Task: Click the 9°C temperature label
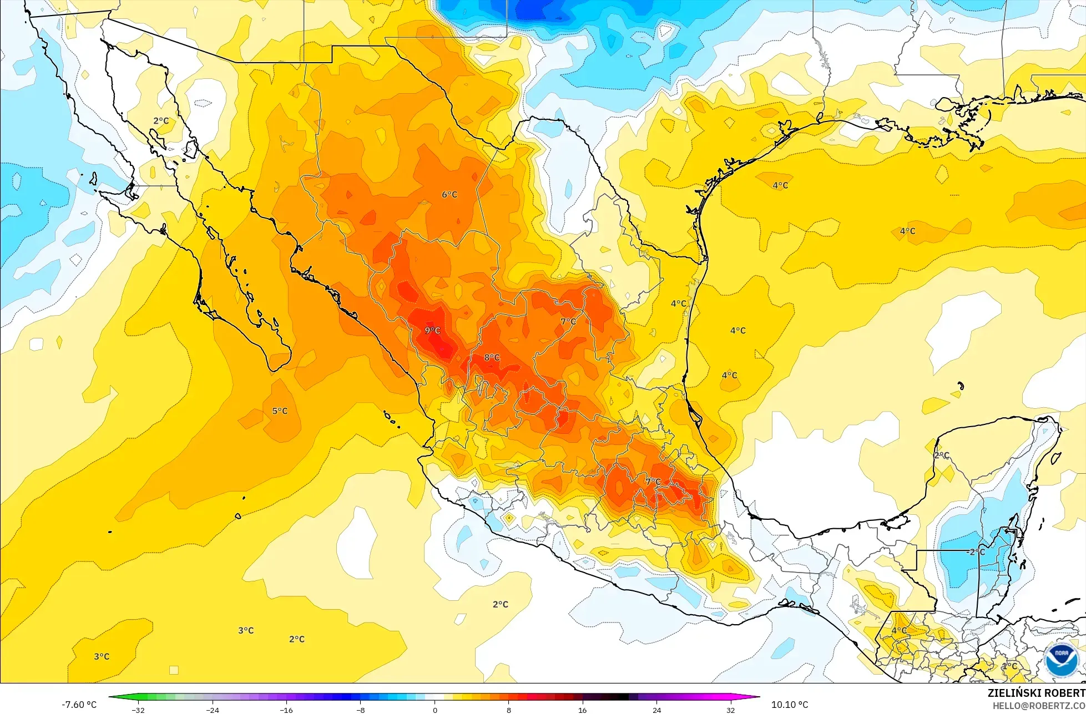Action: tap(432, 331)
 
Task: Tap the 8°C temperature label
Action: tap(492, 357)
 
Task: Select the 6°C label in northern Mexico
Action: tap(449, 195)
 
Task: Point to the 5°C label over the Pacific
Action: tap(280, 411)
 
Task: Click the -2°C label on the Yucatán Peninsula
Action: tap(976, 552)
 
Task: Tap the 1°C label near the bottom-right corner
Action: tap(1009, 666)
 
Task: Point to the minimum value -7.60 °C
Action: tap(79, 705)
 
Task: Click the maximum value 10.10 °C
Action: tap(790, 705)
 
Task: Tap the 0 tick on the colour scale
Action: tap(435, 710)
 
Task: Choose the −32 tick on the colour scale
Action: tap(138, 710)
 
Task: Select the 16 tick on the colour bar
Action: tap(582, 710)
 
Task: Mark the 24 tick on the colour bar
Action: tap(656, 710)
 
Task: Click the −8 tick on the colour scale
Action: tap(360, 710)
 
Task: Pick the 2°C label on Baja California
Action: tap(161, 121)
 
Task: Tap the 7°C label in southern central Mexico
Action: tap(653, 482)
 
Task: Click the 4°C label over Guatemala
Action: tap(899, 631)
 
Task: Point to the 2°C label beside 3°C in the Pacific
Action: tap(297, 639)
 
